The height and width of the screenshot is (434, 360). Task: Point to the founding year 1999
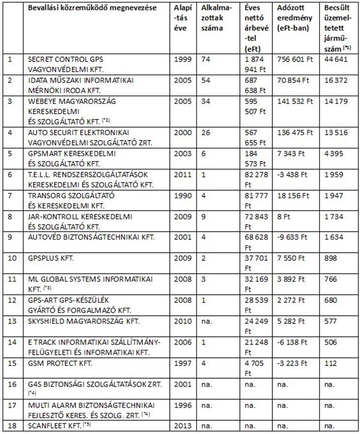click(x=181, y=61)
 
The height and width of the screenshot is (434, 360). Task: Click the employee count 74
click(x=206, y=61)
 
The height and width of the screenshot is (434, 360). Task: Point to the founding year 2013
click(x=181, y=427)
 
